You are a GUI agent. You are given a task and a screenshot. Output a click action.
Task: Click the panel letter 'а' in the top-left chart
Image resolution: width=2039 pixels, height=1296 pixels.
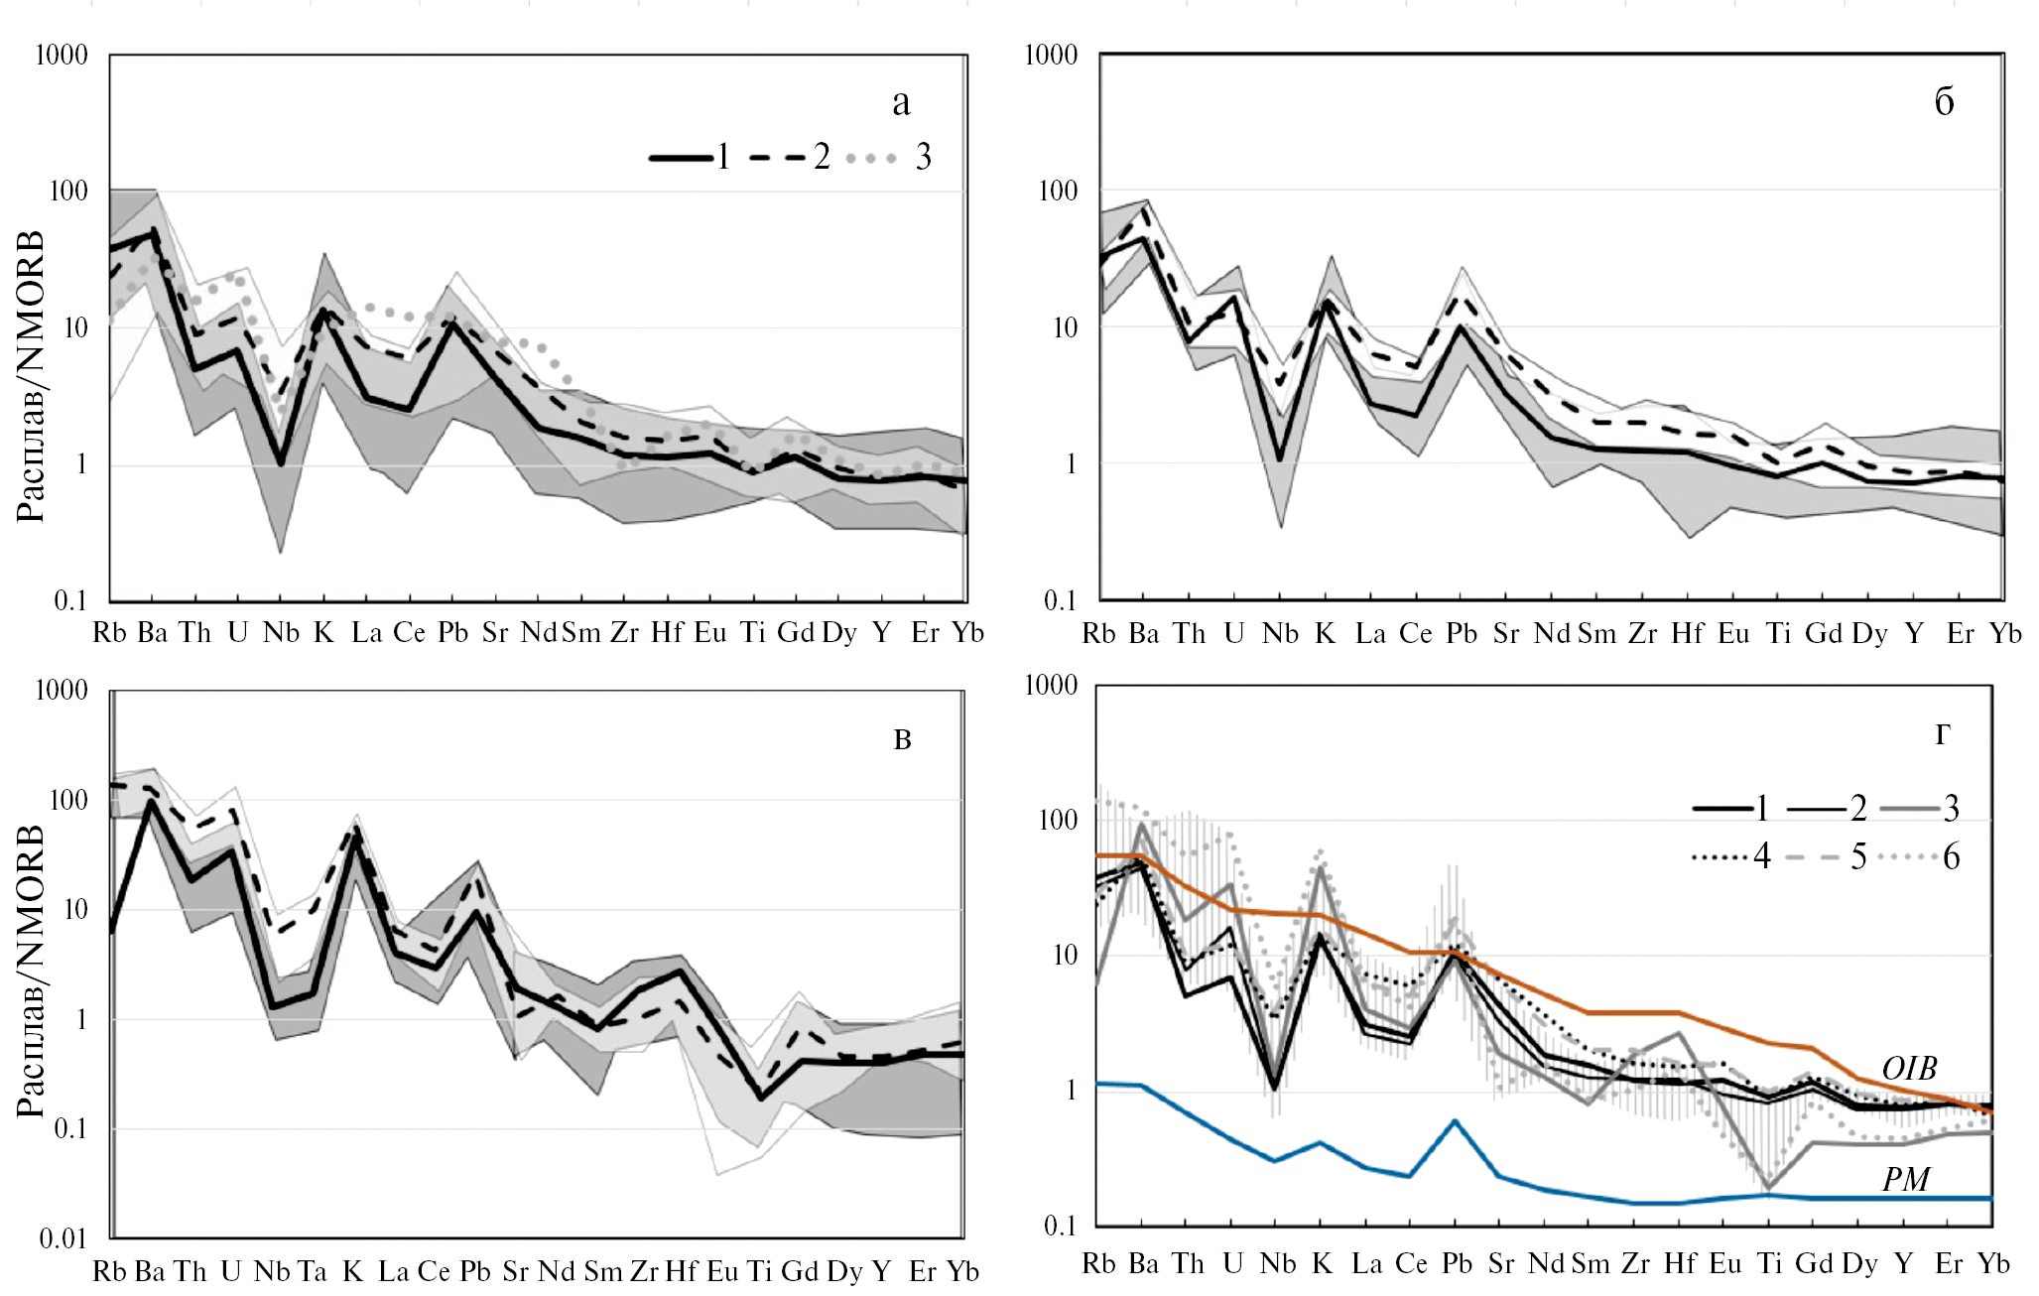coord(901,102)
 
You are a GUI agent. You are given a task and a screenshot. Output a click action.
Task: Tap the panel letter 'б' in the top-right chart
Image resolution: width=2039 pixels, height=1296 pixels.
coord(1944,101)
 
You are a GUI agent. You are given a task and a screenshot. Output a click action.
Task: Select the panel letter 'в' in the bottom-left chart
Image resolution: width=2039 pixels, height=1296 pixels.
coord(902,739)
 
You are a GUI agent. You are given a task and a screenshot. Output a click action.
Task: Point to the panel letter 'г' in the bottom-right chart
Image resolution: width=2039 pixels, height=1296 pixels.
coord(1942,734)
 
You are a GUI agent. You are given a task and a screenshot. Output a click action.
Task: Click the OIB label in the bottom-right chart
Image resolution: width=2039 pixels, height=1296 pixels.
coord(1909,1069)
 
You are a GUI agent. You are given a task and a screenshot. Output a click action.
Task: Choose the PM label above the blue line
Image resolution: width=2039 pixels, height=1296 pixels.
coord(1906,1179)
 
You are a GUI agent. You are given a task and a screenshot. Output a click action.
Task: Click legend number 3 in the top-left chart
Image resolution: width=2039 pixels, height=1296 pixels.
coord(923,157)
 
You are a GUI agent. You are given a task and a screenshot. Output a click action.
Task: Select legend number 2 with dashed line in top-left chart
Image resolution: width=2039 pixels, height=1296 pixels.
coord(822,157)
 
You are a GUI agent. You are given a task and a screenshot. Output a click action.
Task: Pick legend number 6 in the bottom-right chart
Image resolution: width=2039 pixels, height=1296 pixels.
coord(1951,857)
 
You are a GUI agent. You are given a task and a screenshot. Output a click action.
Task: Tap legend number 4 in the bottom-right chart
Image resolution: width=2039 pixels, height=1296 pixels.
coord(1762,857)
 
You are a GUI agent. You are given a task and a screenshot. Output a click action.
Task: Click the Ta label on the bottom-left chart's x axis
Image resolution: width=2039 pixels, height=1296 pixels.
coord(312,1271)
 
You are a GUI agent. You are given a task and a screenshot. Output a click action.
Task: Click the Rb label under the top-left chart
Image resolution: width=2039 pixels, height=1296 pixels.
coord(109,633)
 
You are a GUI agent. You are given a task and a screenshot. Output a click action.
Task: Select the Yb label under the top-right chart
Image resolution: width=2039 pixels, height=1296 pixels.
coord(2005,634)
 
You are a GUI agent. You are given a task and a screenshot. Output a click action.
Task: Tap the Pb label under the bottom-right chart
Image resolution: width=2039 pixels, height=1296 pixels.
coord(1457,1264)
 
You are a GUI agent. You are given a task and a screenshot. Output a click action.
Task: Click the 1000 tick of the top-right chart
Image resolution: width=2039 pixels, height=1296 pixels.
coord(1051,56)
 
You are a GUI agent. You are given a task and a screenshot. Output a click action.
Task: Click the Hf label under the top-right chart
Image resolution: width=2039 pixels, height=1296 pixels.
coord(1687,634)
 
